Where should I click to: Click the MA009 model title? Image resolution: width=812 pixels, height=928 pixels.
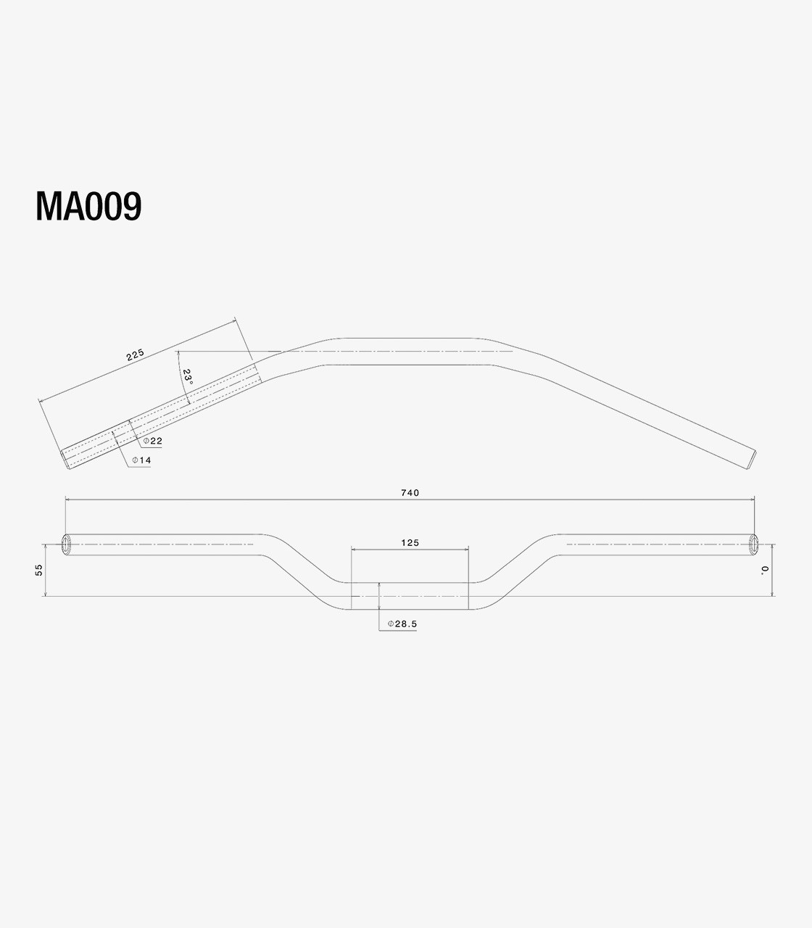[x=88, y=206]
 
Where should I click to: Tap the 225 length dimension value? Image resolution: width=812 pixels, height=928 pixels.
[x=135, y=355]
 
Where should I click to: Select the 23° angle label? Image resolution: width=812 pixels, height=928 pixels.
[x=188, y=377]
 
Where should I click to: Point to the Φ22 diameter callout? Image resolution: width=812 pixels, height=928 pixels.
[x=153, y=441]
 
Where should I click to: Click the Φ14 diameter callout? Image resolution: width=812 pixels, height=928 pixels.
[x=141, y=460]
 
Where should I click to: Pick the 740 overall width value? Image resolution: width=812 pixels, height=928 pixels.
[x=410, y=492]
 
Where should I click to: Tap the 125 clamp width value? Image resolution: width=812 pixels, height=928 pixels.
[x=410, y=542]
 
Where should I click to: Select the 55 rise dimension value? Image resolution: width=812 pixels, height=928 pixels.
[x=39, y=570]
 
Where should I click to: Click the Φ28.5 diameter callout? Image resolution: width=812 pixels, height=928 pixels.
[x=402, y=623]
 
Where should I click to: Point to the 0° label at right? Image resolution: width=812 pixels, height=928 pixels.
[x=765, y=570]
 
